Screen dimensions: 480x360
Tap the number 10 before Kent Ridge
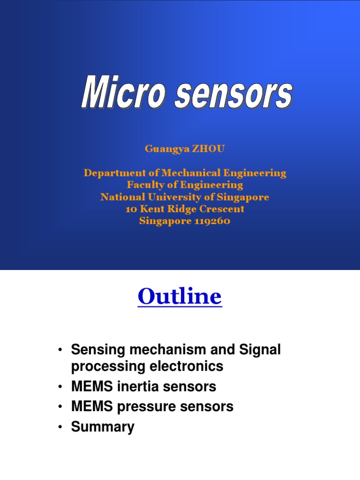(130, 209)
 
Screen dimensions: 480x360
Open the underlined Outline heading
(180, 297)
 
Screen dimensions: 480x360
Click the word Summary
(103, 427)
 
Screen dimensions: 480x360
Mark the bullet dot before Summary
(60, 427)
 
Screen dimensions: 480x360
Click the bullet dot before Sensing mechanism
(60, 350)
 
